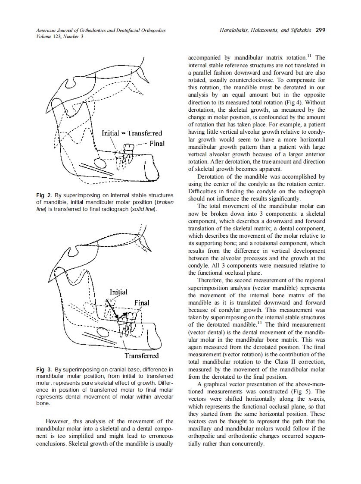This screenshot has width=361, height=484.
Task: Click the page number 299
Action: [320, 31]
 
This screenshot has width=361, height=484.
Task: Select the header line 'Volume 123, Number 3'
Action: [60, 37]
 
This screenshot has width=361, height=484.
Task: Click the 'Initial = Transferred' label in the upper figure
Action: [132, 133]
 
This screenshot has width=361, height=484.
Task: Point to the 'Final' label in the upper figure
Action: [157, 143]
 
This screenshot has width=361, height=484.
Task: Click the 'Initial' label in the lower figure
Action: [118, 292]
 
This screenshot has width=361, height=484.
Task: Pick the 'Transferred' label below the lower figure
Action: [142, 355]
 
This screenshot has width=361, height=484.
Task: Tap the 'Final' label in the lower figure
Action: [142, 302]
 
